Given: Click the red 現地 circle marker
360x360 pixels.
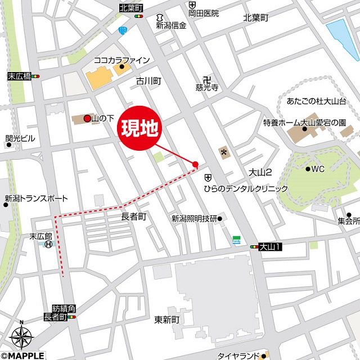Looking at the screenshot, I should click(139, 129).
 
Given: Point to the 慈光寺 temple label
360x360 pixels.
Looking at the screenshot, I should click(207, 88).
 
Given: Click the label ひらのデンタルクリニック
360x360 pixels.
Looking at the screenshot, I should click(246, 188).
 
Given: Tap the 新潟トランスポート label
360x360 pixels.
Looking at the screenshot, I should click(36, 199).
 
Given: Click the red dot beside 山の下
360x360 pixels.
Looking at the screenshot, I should click(87, 119).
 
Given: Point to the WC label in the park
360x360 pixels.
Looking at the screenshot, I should click(317, 169).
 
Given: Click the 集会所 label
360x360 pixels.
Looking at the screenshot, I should click(349, 221).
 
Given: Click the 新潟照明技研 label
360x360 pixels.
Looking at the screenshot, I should click(194, 218).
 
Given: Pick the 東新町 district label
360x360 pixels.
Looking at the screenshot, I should click(166, 319).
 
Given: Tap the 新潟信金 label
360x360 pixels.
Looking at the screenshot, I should click(171, 25).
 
